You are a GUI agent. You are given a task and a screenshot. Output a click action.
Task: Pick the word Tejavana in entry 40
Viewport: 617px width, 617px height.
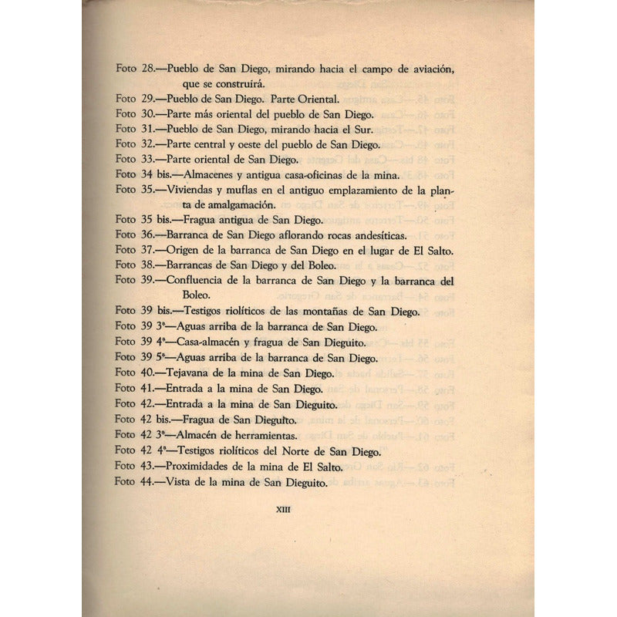(190, 373)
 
